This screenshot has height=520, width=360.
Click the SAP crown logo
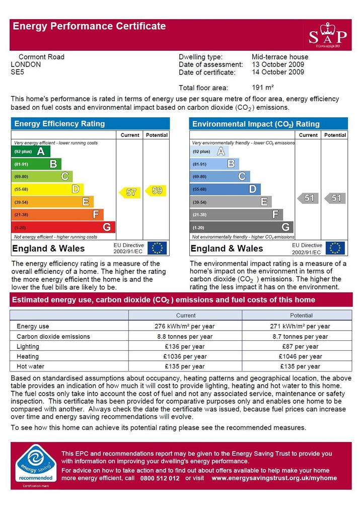coord(327,35)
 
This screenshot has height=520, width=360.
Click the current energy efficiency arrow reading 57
coord(129,192)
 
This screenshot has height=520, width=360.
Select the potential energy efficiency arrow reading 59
coord(156,190)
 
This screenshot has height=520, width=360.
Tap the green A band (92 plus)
coord(31,152)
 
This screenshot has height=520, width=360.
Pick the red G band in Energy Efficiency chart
coord(63,227)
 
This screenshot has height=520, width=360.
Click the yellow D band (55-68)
coord(47,189)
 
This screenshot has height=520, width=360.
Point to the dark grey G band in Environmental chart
coord(242,227)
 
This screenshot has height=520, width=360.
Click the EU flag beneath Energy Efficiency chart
coord(157,248)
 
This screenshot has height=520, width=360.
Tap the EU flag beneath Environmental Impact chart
coord(335,248)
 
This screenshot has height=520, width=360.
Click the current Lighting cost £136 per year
coord(185,346)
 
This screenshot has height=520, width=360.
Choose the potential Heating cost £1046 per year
coord(300,356)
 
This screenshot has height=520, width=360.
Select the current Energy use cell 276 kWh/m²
coord(184,326)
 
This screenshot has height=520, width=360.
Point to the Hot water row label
coord(30,366)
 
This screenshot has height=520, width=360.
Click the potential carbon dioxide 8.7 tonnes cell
coord(300,337)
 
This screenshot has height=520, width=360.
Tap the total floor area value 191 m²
coord(262,88)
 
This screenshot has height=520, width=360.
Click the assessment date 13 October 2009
coord(278,64)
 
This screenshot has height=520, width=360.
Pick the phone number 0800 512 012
coord(160,478)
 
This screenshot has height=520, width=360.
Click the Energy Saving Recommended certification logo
coord(36,466)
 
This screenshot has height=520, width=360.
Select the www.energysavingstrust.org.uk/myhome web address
coord(274,478)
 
